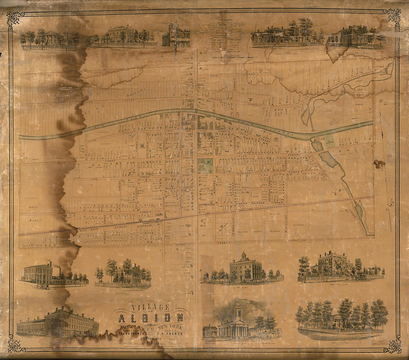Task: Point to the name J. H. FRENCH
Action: click(x=171, y=333)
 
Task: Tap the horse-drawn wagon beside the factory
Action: click(x=45, y=286)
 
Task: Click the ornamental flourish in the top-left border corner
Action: click(x=15, y=18)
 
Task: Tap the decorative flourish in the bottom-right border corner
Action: click(x=393, y=344)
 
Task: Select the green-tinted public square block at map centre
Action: click(x=205, y=165)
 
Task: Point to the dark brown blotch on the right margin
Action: click(x=379, y=164)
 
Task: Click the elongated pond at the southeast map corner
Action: click(x=359, y=212)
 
